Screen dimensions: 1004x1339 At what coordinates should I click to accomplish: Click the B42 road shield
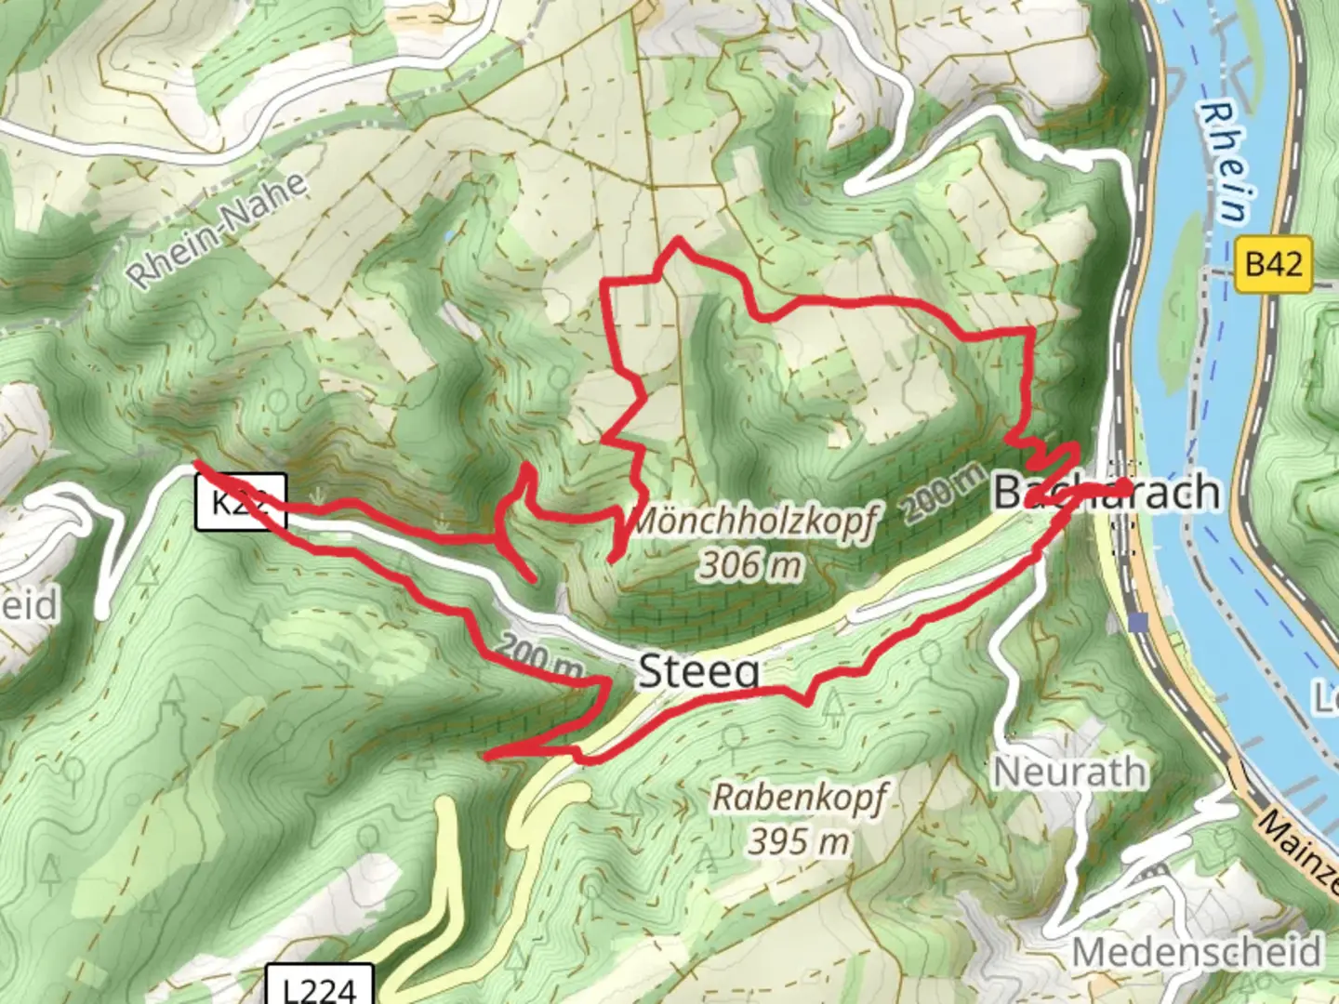click(x=1273, y=264)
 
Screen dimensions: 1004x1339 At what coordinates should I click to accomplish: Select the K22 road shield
click(x=240, y=502)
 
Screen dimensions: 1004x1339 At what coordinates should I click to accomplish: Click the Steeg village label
click(x=698, y=671)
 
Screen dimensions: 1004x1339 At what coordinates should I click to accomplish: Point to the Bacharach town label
click(x=1107, y=491)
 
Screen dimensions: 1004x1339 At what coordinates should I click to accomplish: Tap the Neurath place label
click(x=1069, y=772)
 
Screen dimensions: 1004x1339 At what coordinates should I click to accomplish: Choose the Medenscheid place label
click(x=1197, y=952)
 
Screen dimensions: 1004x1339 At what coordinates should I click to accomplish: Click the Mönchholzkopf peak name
click(x=753, y=523)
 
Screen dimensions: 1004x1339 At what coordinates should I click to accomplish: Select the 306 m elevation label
click(x=750, y=564)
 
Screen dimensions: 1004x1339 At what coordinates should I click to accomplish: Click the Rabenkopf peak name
click(x=800, y=798)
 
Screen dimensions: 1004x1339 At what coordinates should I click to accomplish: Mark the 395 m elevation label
click(x=799, y=841)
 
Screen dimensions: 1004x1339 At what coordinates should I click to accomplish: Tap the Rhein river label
click(x=1226, y=163)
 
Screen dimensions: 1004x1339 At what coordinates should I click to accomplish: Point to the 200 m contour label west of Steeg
click(x=539, y=656)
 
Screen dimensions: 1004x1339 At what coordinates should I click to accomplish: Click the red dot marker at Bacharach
click(x=1124, y=486)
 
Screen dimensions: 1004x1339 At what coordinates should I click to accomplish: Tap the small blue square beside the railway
click(x=1139, y=624)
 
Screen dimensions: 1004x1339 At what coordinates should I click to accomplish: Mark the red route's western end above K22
click(x=196, y=463)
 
